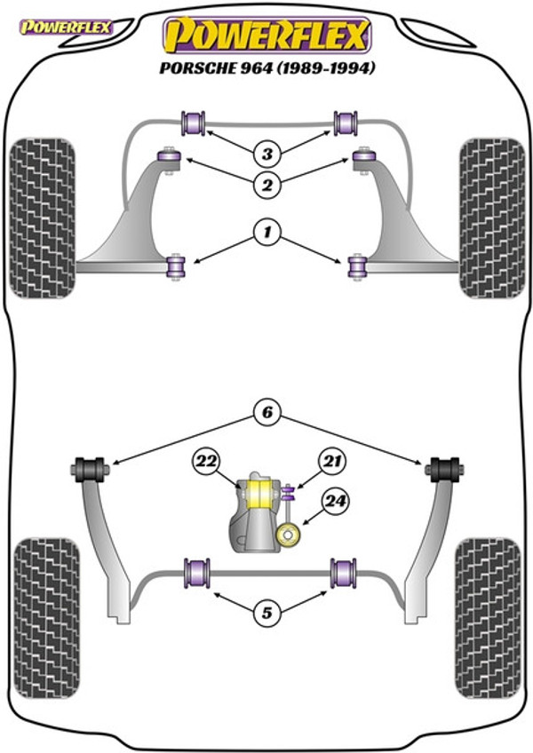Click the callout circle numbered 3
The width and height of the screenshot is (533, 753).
(267, 155)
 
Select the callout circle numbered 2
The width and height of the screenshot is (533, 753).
(267, 185)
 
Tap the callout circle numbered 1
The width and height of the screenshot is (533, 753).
(267, 233)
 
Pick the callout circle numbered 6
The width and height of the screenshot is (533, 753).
(267, 412)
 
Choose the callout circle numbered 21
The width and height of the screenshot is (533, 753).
(332, 462)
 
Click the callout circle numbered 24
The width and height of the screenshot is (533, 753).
(336, 502)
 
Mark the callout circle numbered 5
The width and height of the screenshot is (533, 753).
(267, 613)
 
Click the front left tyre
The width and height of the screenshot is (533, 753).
(43, 218)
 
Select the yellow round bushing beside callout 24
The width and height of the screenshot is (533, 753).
(289, 535)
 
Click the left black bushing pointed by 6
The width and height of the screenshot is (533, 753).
(90, 470)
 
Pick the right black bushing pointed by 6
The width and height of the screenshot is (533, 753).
(444, 469)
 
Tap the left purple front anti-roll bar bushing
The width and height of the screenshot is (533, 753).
(193, 123)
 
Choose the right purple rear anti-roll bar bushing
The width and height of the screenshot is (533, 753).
(343, 573)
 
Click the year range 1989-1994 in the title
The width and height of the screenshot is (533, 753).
(325, 67)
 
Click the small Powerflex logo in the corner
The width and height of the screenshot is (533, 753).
(66, 27)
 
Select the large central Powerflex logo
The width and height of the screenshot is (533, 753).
(267, 36)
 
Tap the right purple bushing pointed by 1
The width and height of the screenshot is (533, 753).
(358, 267)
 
